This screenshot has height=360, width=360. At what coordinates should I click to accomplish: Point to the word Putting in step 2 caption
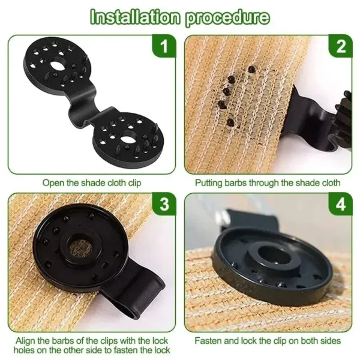pyautogui.click(x=210, y=182)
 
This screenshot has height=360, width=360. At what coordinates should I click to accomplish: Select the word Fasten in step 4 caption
pyautogui.click(x=208, y=340)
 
